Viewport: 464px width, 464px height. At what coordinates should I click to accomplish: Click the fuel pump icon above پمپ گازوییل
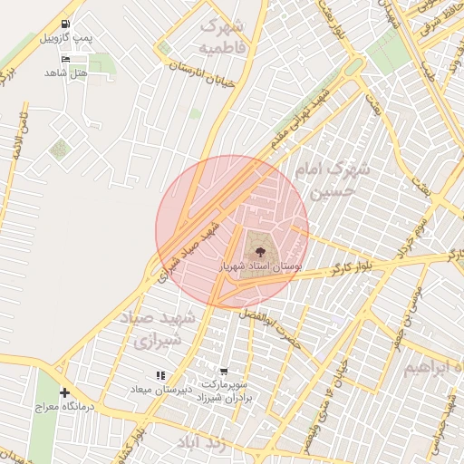pos(64,25)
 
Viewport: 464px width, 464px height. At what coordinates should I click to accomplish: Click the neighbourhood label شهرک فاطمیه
pos(222,35)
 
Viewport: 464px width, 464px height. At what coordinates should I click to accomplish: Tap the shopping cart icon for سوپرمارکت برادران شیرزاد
pos(224,372)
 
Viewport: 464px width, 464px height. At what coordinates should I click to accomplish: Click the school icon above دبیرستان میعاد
pos(159,374)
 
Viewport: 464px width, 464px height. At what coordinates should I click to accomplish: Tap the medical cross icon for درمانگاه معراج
pos(64,392)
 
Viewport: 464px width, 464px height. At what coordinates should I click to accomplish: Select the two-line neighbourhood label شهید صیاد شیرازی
pos(151,328)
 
